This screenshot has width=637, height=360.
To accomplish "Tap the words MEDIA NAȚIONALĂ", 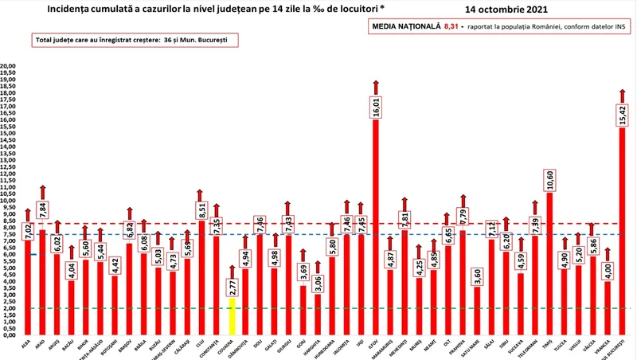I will (x=404, y=26).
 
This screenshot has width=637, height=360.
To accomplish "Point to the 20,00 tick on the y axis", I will (x=10, y=66).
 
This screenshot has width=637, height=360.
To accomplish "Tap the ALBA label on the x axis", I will (x=25, y=344).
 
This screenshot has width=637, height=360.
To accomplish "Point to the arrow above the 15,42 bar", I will (x=621, y=94).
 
